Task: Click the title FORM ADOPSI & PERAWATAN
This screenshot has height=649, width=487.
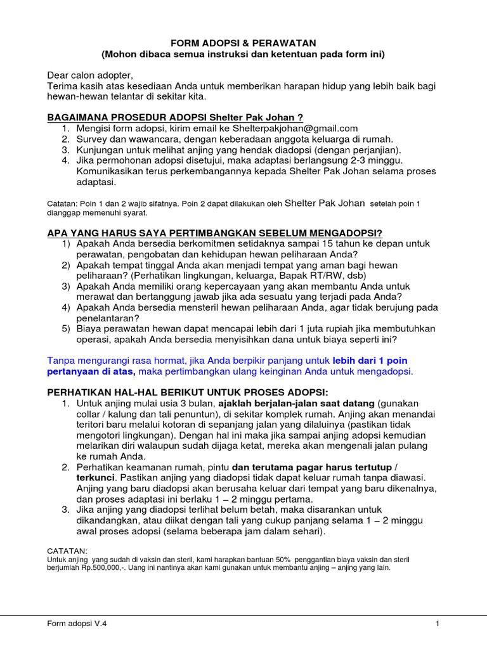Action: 243,42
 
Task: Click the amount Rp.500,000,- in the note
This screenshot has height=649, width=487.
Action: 106,568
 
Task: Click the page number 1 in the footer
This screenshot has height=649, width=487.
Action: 438,624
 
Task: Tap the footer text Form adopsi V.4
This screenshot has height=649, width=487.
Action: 77,624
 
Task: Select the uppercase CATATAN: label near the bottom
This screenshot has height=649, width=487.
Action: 68,551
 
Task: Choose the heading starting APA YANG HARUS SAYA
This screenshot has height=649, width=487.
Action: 219,232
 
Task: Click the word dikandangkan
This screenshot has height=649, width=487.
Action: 109,521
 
